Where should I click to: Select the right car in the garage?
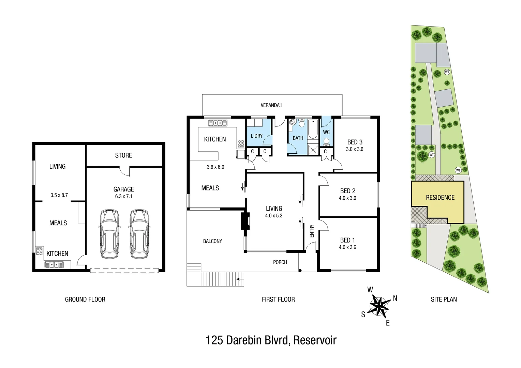[139, 233]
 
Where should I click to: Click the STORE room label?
[123, 155]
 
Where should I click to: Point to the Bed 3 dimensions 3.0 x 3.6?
[355, 149]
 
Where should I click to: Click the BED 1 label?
[347, 240]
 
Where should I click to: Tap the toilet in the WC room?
[326, 141]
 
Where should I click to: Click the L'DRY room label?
[256, 136]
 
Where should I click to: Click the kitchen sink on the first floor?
[218, 123]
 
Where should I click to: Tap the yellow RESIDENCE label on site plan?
[440, 197]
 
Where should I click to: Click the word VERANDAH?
[271, 105]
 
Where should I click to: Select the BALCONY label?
[212, 241]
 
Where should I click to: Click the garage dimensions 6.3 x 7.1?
[123, 196]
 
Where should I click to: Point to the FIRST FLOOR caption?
[278, 300]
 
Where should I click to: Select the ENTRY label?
[312, 231]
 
